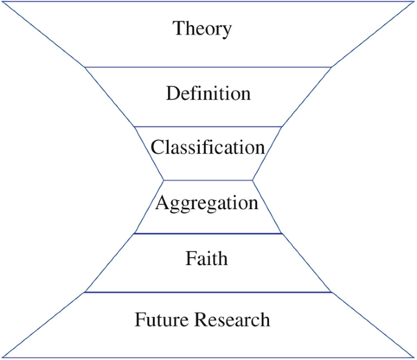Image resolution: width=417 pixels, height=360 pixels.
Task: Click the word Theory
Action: (202, 29)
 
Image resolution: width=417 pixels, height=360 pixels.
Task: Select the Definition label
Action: (208, 94)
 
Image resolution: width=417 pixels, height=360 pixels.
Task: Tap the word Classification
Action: (208, 147)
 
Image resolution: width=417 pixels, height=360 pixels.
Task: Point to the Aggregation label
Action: (207, 202)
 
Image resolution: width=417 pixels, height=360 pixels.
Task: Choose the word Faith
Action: (207, 258)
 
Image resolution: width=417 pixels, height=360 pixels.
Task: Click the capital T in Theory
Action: (178, 28)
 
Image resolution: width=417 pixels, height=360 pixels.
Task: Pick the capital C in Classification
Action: (158, 147)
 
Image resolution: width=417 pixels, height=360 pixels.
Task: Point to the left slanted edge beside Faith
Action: (110, 263)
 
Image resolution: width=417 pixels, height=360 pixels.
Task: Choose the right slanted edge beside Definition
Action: (307, 97)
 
